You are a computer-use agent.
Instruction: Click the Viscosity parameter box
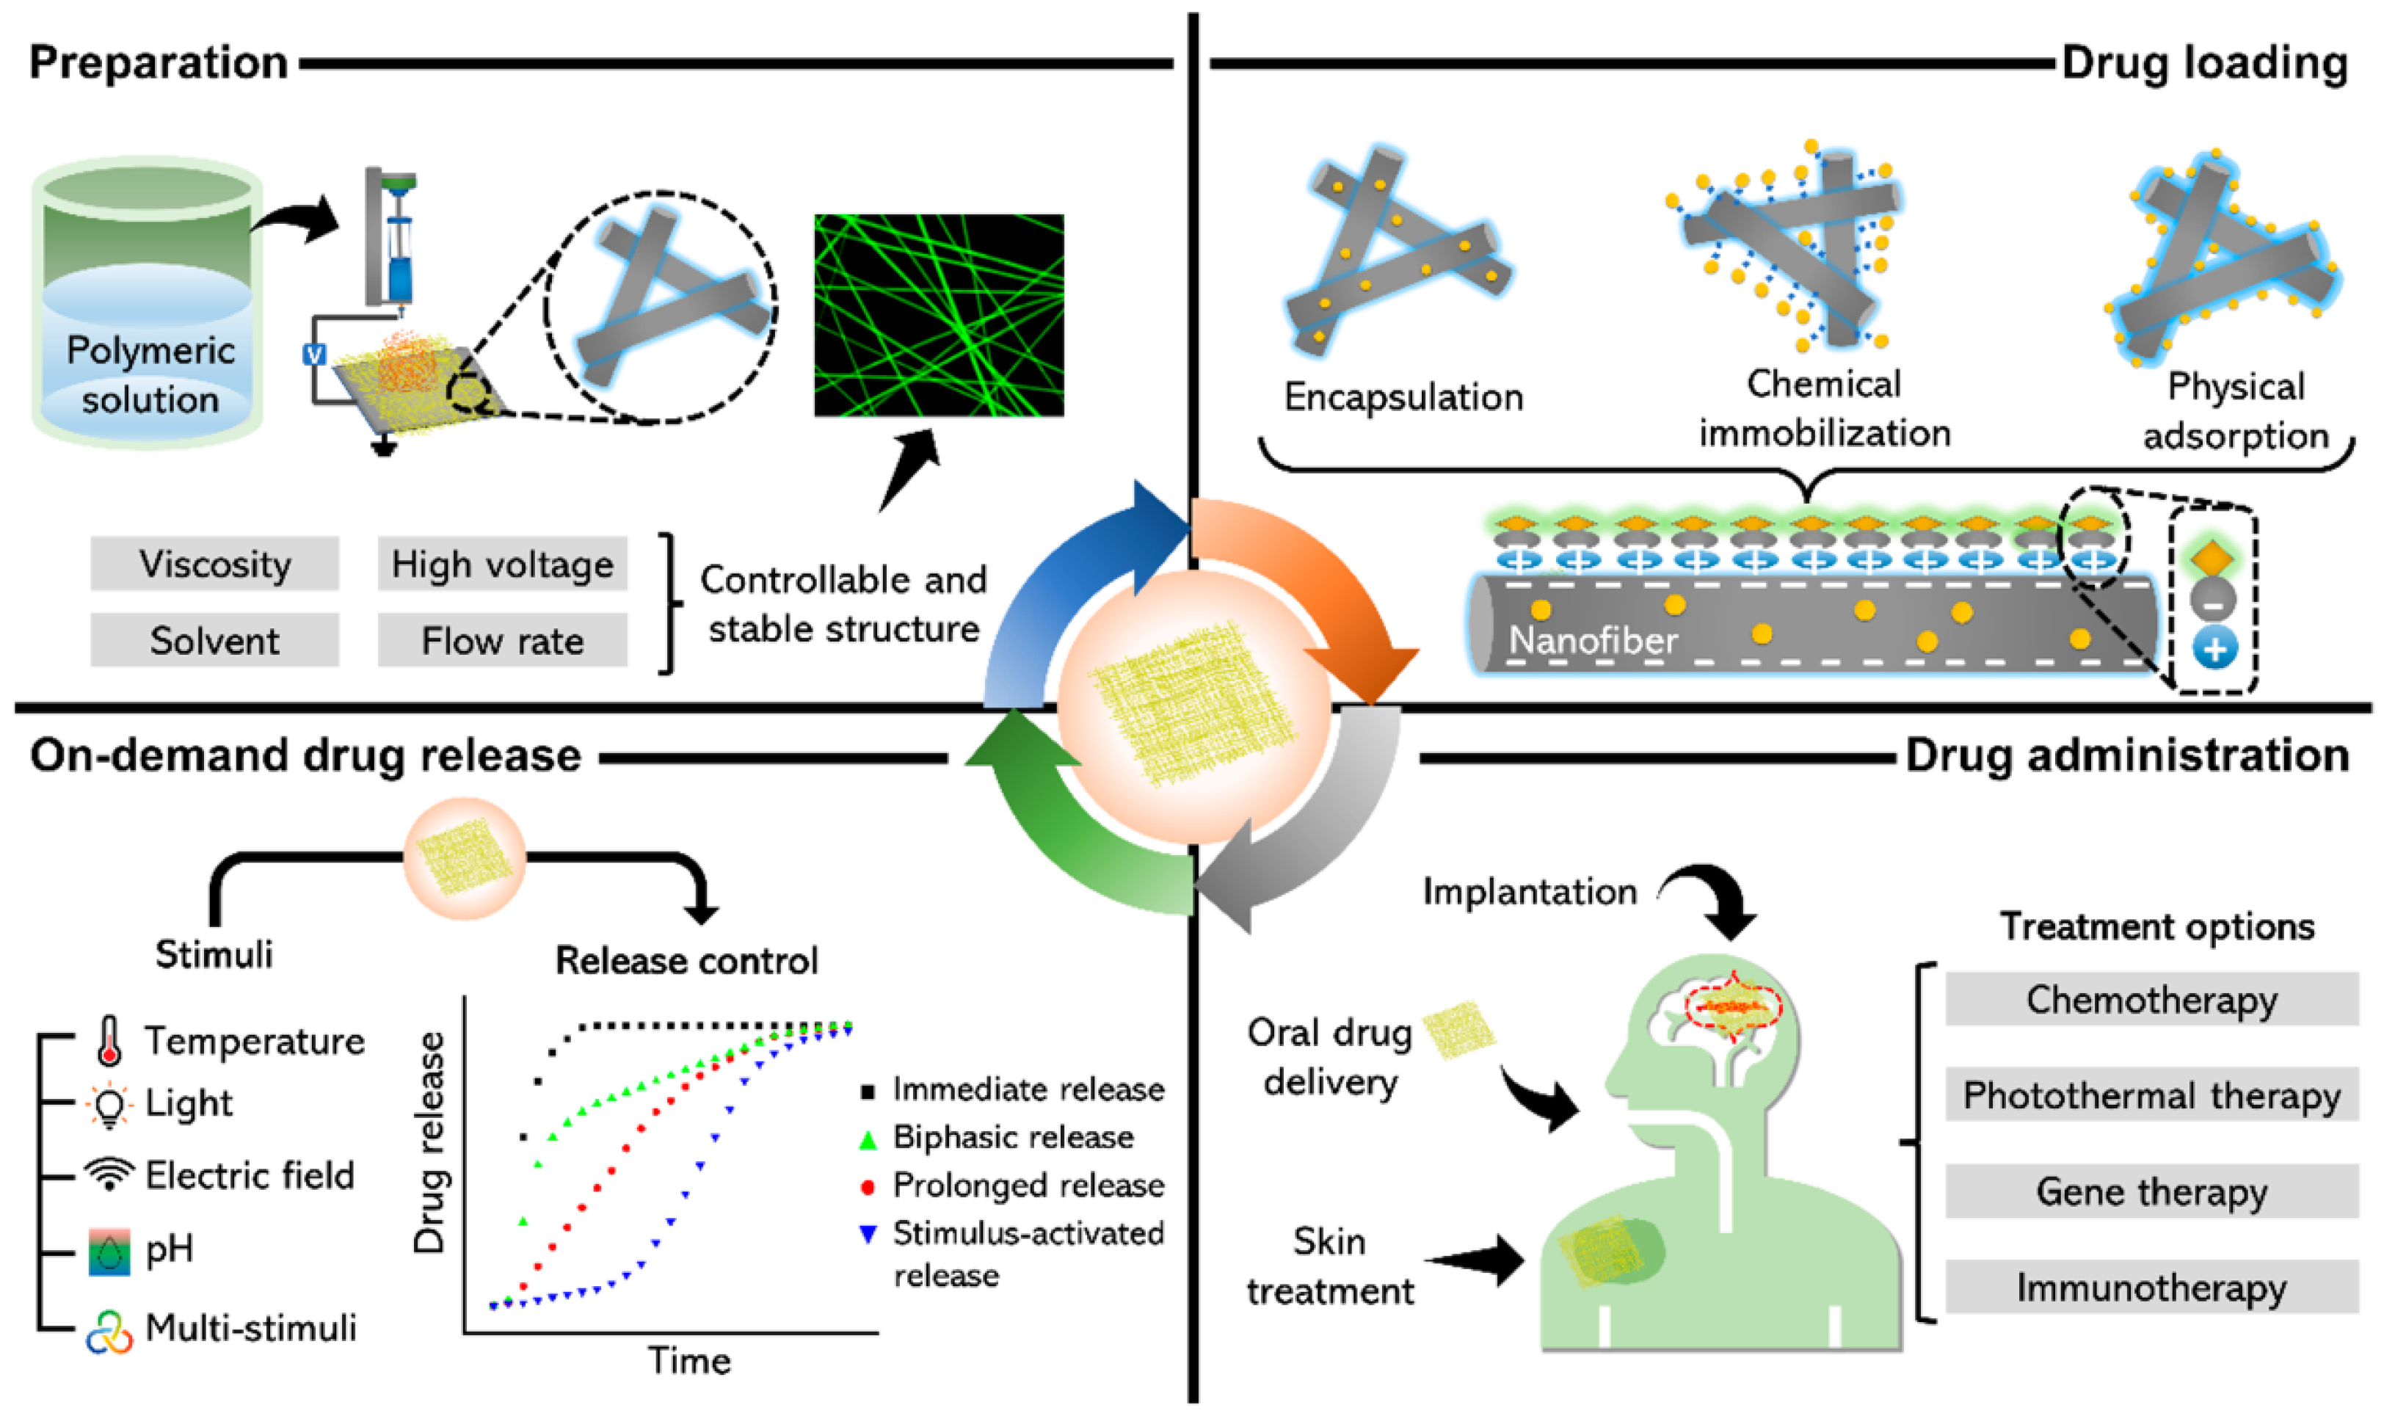[x=214, y=564]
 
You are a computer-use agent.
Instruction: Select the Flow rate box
[x=502, y=640]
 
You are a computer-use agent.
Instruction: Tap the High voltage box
[x=502, y=564]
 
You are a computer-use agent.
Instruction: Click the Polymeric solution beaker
[x=148, y=305]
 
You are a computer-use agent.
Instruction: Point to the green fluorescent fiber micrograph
[x=939, y=315]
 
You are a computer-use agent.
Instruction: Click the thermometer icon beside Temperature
[x=109, y=1040]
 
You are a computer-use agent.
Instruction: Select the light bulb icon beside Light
[x=109, y=1105]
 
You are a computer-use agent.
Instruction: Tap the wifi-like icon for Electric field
[x=109, y=1174]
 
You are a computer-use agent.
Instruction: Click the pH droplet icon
[x=109, y=1250]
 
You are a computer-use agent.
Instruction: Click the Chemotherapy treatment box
[x=2151, y=999]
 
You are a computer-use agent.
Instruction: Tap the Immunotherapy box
[x=2151, y=1288]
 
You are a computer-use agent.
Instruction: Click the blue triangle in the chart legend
[x=867, y=1234]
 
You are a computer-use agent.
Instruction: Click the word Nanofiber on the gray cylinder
[x=1592, y=639]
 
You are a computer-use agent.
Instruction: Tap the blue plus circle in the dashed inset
[x=2214, y=649]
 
